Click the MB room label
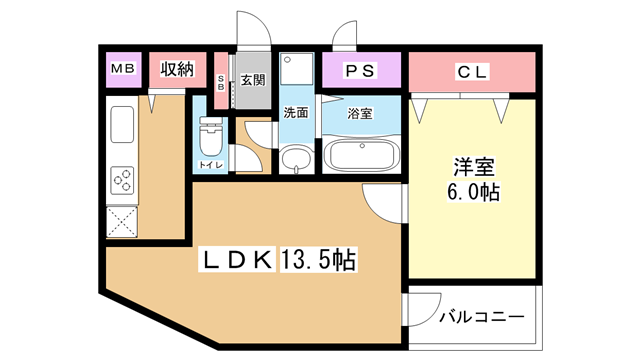(x=123, y=69)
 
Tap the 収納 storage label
(x=177, y=69)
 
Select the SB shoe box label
(x=221, y=83)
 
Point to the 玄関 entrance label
(x=253, y=80)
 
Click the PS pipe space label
(x=360, y=71)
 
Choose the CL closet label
(x=472, y=72)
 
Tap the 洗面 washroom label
(x=296, y=112)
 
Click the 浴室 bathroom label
(x=360, y=113)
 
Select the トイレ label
(x=211, y=165)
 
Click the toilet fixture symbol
(x=211, y=137)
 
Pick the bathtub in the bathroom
(x=361, y=156)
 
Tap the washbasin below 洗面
(x=296, y=160)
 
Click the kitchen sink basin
(x=122, y=124)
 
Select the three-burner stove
(x=122, y=180)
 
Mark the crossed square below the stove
(x=122, y=222)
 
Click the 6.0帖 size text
(x=473, y=192)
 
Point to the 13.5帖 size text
(x=318, y=260)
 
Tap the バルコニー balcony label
(x=482, y=317)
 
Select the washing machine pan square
(x=297, y=68)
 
